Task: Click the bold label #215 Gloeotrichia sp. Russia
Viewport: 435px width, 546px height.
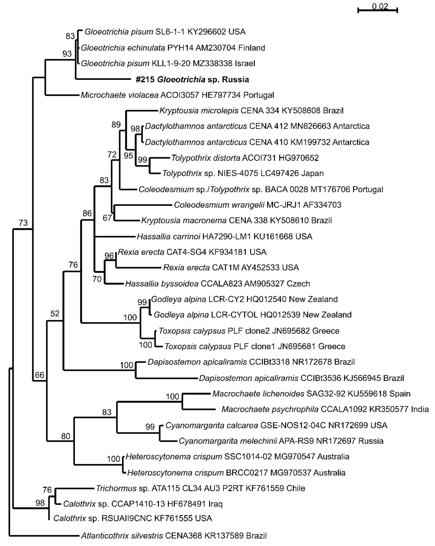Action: (x=192, y=79)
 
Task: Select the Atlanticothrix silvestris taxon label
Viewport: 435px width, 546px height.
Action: (x=174, y=536)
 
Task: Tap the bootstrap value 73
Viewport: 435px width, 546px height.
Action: (x=23, y=223)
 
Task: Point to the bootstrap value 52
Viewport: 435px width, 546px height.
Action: (x=55, y=314)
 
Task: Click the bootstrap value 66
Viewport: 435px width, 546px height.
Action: (x=39, y=375)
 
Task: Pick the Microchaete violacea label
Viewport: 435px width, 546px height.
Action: (x=177, y=95)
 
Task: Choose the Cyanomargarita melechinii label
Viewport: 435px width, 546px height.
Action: (x=281, y=441)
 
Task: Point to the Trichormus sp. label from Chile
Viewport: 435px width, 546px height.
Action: (x=200, y=488)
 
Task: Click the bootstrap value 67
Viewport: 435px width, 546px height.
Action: (x=107, y=218)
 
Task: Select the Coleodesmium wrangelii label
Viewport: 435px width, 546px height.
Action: (x=257, y=205)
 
